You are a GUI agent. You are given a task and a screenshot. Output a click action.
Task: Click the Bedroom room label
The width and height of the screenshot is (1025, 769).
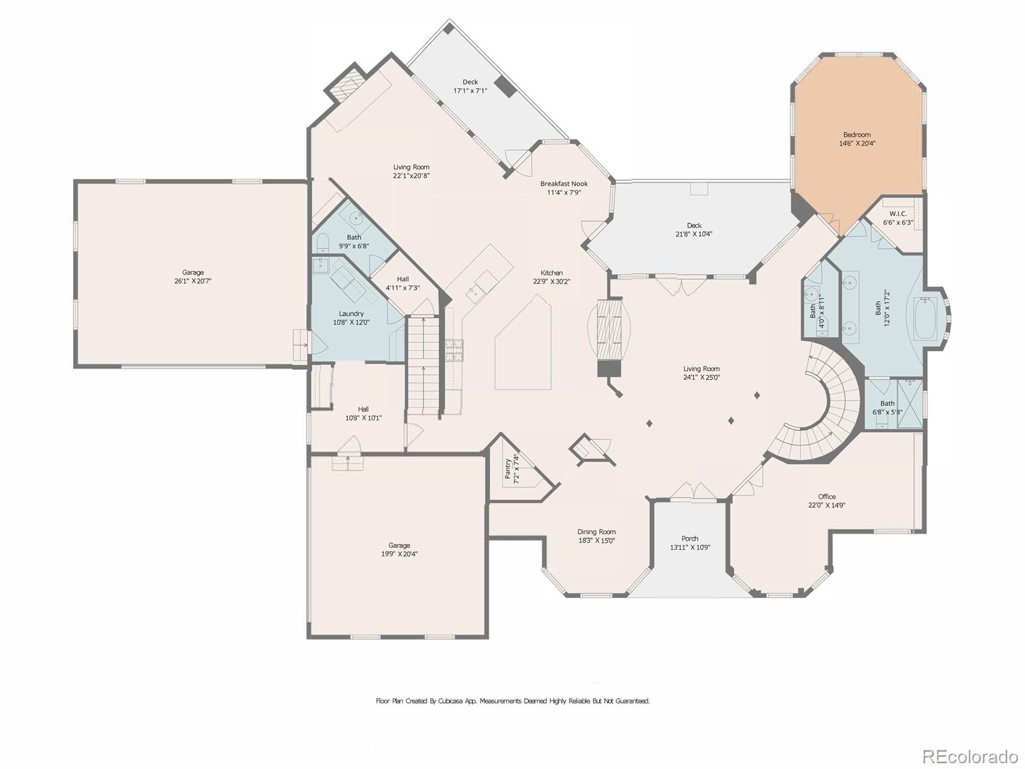857,135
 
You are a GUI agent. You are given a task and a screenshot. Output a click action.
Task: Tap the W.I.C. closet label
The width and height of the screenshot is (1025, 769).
897,213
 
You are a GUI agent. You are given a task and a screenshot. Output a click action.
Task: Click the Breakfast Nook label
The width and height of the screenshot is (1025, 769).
564,184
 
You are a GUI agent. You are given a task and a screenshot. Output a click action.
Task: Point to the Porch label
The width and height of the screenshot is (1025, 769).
690,538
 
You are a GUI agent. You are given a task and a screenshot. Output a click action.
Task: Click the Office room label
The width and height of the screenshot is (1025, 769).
826,497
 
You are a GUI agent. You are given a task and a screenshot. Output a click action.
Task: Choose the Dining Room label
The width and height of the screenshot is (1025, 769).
596,532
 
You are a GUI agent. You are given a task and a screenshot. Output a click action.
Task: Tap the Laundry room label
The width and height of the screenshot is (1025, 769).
351,313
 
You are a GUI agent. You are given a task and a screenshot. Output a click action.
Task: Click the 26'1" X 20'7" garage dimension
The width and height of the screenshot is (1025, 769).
193,281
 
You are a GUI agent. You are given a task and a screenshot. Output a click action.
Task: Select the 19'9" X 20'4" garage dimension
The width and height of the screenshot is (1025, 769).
399,554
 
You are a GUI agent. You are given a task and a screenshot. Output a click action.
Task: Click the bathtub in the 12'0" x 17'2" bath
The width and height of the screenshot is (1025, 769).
924,318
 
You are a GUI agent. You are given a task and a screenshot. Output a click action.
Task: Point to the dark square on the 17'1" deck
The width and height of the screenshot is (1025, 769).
506,87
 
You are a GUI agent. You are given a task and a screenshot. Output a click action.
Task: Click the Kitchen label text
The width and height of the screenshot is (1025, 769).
552,272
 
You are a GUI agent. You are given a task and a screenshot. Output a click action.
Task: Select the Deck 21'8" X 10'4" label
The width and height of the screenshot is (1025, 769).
694,229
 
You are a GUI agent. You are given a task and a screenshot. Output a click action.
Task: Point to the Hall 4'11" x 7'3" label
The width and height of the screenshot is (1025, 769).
402,283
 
